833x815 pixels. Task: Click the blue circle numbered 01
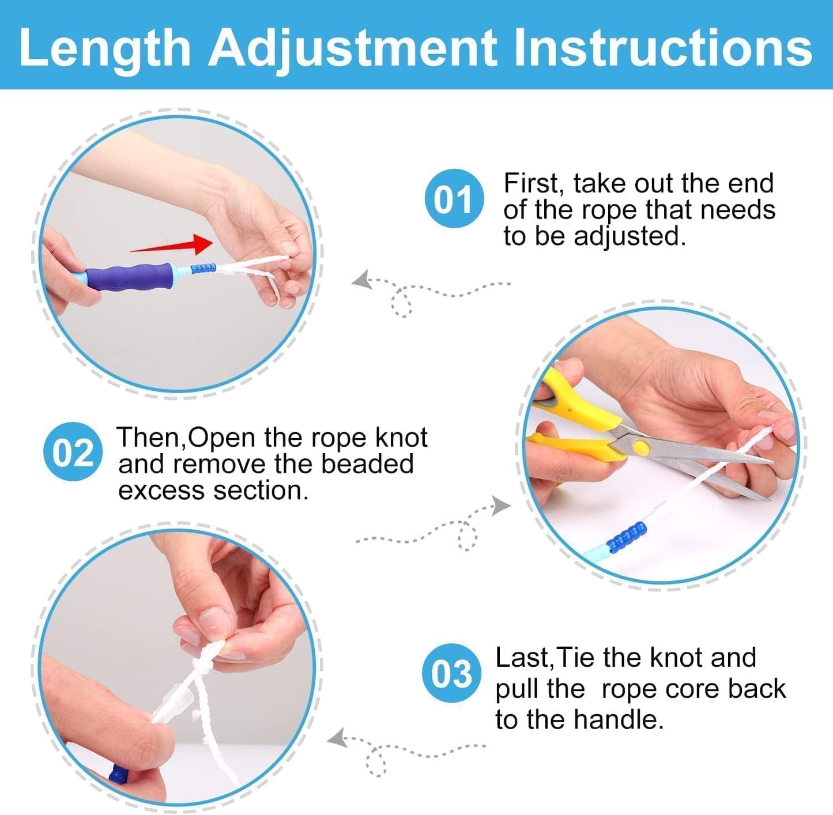pos(454,199)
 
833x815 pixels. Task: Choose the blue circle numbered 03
pos(451,673)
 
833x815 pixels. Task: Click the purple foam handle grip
pos(130,277)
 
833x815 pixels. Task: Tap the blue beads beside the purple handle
pos(203,269)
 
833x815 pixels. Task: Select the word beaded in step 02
pos(367,464)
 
